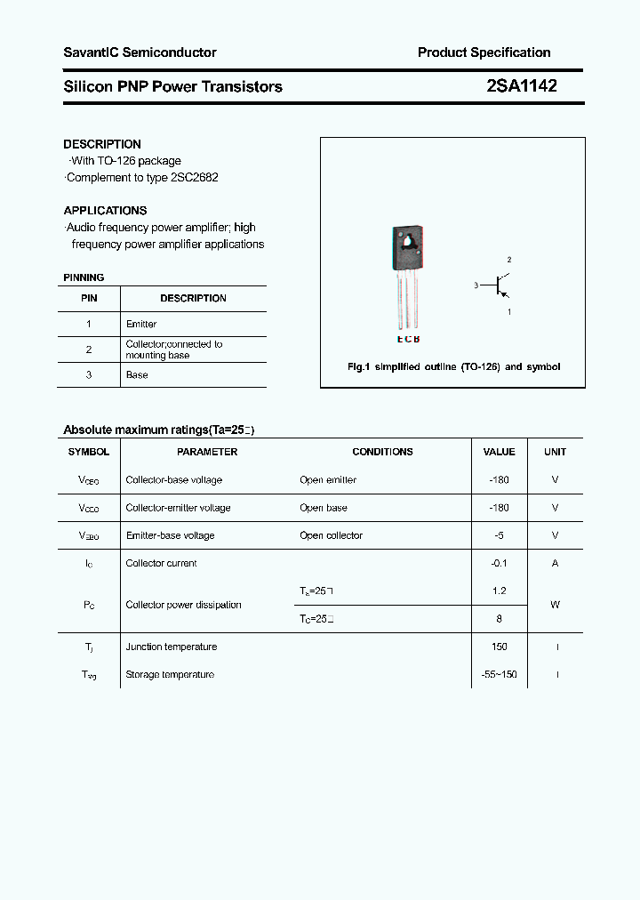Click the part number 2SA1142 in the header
522,86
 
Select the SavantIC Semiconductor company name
140,52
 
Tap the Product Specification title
484,52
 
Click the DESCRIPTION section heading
102,144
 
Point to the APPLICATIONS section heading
105,211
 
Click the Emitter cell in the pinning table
141,325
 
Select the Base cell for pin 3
137,375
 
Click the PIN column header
89,299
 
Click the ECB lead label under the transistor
407,340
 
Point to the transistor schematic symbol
501,285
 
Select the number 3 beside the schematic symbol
476,285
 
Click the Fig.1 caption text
452,366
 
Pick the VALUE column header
499,452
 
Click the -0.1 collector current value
499,563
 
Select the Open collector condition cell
331,535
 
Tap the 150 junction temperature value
499,647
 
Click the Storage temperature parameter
170,675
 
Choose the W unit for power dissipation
555,605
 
